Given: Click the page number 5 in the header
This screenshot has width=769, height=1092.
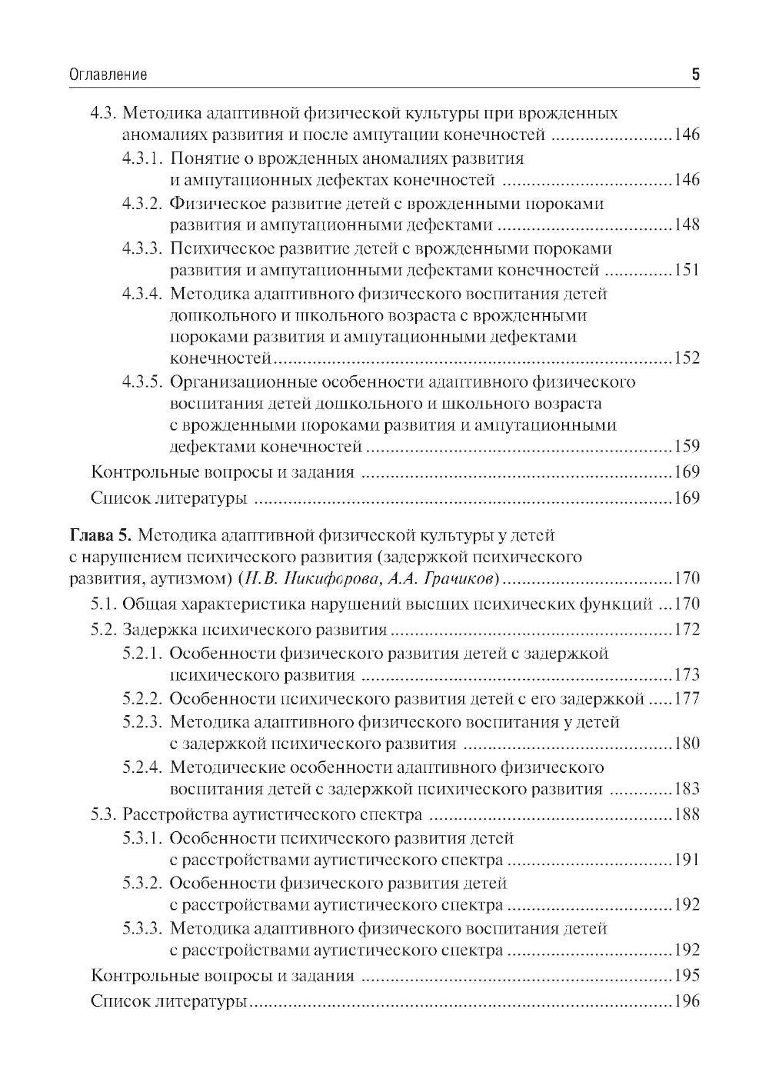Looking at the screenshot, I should [695, 75].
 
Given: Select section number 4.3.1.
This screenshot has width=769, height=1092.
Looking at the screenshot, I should [143, 159].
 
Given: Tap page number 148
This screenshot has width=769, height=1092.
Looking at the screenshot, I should [686, 225].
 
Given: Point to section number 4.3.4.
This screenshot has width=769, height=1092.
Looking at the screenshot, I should [143, 294].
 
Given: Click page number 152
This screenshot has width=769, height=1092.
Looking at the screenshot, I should [686, 358].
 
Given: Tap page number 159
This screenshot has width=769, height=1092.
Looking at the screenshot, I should [686, 447].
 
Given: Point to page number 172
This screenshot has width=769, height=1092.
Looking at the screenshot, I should [686, 631].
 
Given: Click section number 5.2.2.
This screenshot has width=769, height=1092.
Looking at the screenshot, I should [143, 699].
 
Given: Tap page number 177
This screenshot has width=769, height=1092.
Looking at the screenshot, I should [686, 700].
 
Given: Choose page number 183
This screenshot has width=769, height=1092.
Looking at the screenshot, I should [686, 789].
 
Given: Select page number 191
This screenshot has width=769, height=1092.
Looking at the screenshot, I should [686, 860].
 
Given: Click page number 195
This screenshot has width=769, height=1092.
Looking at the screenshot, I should [686, 977].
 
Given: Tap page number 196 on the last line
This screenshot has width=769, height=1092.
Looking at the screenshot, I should [686, 1002].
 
